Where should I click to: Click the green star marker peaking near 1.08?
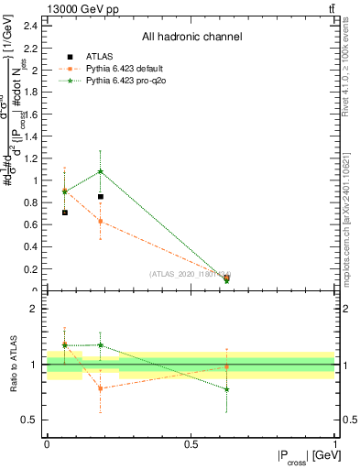(x=101, y=171)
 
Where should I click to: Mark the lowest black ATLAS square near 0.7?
(x=64, y=213)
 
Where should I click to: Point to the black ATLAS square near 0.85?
(x=101, y=196)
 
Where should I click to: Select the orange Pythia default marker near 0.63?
(x=101, y=221)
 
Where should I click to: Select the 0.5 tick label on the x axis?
(x=191, y=443)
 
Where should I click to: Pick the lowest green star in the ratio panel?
(x=226, y=389)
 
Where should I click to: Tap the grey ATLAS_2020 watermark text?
(x=191, y=274)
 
